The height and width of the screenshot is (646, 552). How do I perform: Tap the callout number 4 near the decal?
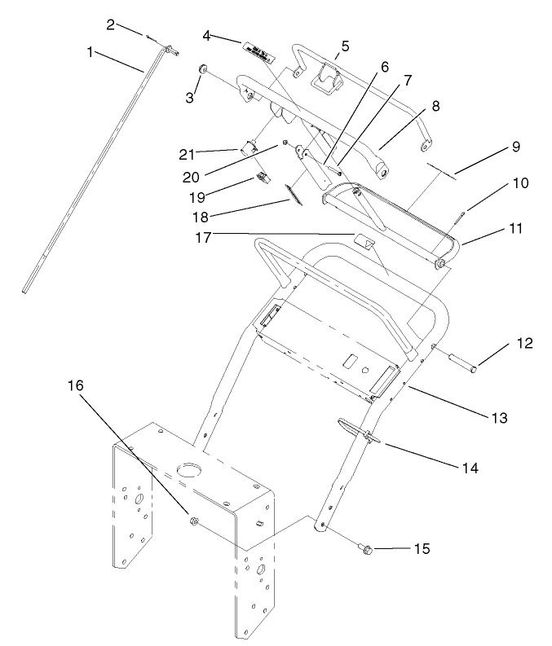pos(207,35)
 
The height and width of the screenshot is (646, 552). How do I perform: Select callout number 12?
pos(525,343)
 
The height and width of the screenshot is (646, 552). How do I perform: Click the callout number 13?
pos(499,419)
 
